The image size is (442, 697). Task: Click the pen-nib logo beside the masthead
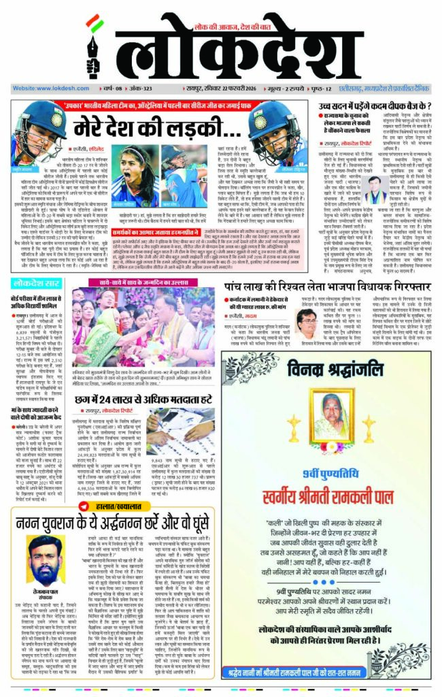click(x=95, y=44)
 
